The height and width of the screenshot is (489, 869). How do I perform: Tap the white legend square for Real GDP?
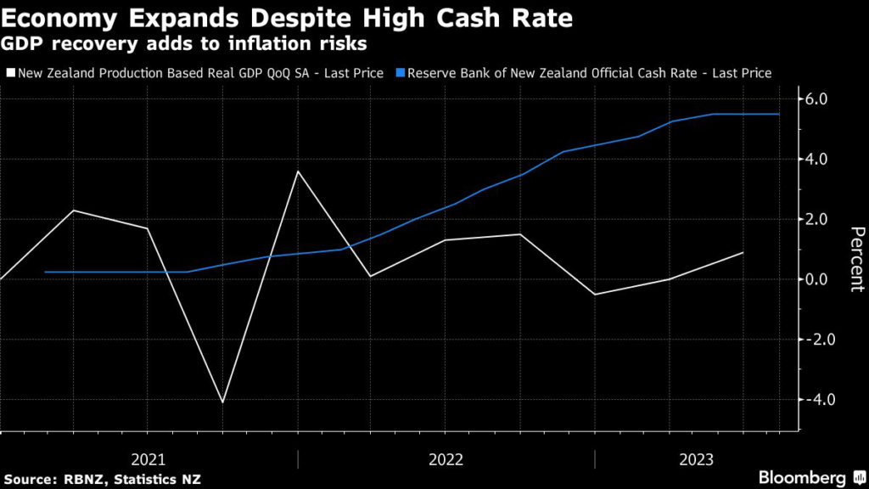click(9, 74)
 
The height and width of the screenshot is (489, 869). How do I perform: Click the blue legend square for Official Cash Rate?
click(401, 74)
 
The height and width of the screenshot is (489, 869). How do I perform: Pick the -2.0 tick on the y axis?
click(821, 340)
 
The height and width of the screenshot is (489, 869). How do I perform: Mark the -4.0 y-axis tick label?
click(821, 399)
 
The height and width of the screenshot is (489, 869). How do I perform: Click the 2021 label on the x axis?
click(149, 459)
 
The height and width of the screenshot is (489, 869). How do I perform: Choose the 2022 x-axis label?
click(446, 459)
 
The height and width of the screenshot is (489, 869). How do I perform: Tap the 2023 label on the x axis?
click(698, 459)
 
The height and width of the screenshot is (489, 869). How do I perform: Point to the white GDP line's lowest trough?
click(222, 402)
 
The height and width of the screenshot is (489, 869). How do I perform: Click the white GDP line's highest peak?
click(297, 171)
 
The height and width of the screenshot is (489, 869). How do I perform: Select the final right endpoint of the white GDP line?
click(743, 252)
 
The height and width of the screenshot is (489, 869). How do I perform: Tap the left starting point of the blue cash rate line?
click(45, 272)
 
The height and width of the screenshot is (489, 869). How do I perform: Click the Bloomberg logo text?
click(803, 476)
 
